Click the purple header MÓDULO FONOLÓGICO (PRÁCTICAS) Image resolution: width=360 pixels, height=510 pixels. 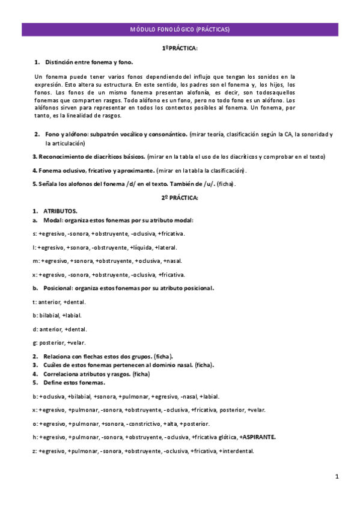coord(180,29)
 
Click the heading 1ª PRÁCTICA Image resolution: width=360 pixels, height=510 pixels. coord(180,48)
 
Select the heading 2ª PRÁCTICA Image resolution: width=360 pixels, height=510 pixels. coord(180,197)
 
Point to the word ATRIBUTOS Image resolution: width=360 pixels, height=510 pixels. coord(60,211)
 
